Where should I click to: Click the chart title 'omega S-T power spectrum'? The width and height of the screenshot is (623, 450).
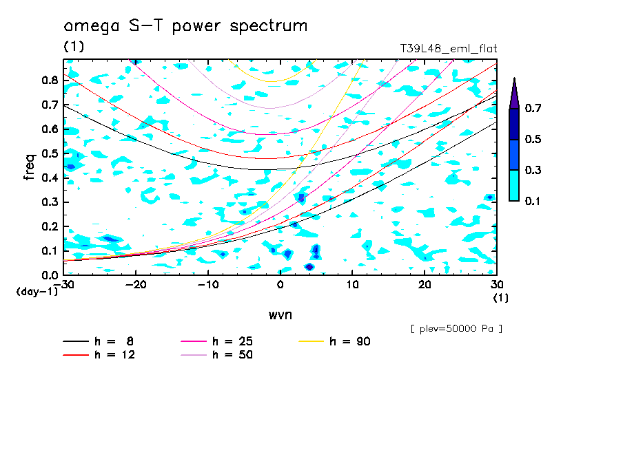tap(185, 26)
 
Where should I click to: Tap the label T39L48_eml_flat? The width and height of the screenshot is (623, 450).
tap(449, 49)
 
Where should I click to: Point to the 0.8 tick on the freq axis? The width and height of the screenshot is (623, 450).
tap(50, 80)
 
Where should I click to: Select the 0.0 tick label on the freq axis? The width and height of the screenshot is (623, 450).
tap(50, 275)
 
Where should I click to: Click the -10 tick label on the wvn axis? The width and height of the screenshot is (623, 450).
tap(208, 285)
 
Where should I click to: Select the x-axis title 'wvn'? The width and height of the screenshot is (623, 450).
tap(280, 314)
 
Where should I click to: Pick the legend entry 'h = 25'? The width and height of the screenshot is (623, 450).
tap(232, 341)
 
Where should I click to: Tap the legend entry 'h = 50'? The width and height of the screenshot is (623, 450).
tap(232, 355)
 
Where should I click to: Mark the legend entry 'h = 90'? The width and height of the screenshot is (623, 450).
tap(350, 341)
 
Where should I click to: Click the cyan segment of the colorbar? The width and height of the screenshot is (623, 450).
tap(514, 185)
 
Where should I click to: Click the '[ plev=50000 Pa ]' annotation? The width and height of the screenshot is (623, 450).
tap(456, 328)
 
